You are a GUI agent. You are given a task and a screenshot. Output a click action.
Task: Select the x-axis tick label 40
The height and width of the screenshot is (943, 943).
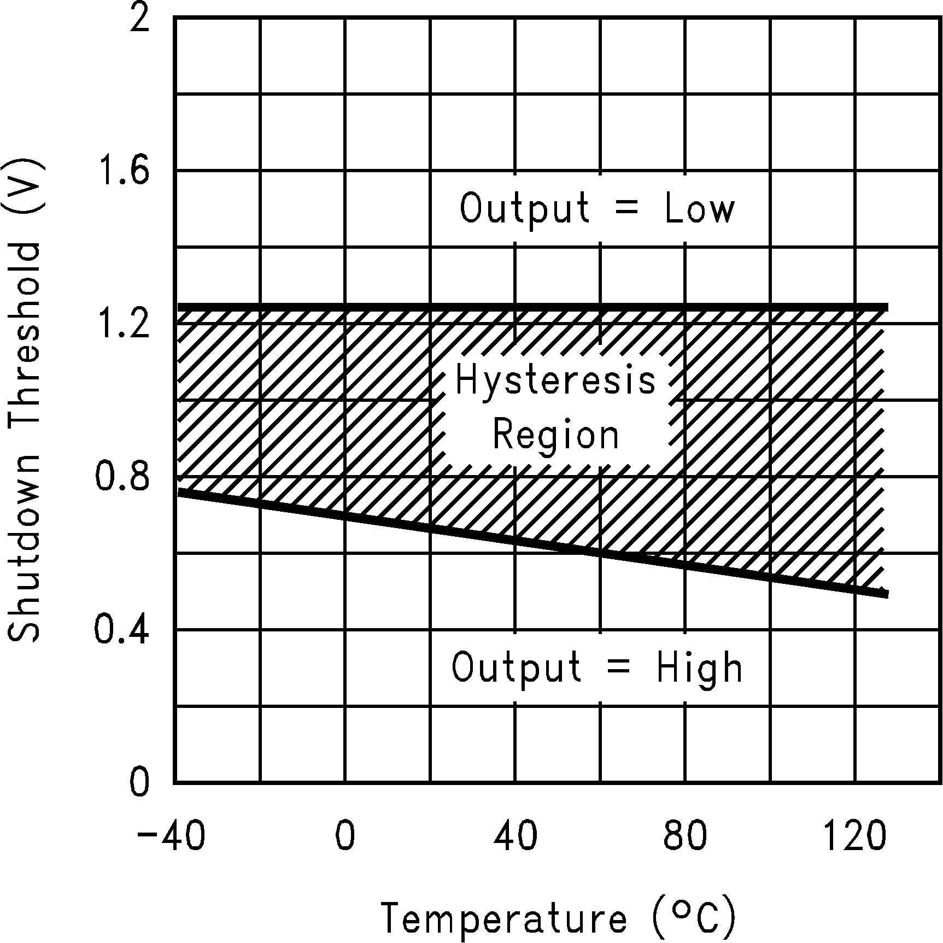515,837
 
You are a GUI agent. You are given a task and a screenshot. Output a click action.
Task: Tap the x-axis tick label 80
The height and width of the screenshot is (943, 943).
685,837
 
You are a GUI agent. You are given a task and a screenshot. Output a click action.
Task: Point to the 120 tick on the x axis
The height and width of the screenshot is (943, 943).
854,837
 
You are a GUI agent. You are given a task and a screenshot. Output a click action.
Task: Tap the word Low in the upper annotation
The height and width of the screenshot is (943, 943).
700,208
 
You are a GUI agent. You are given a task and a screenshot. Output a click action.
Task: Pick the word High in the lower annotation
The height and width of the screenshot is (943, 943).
700,667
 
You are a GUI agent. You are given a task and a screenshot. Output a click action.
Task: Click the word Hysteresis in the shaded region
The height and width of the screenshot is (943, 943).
555,381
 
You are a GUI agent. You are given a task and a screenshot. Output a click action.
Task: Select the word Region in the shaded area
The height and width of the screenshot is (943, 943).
555,436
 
